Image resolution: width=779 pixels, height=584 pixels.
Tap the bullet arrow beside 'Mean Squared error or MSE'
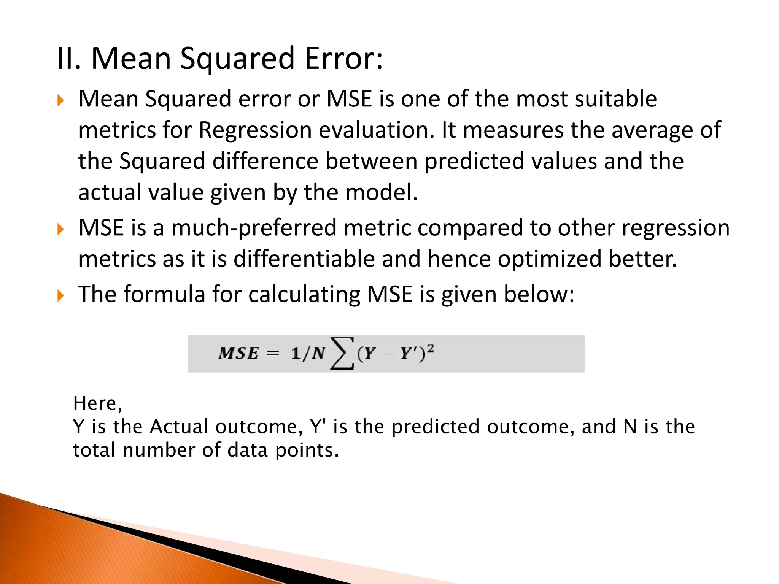(60, 101)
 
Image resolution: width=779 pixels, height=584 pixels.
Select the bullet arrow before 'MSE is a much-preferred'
(60, 229)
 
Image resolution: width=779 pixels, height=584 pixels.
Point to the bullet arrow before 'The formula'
(60, 295)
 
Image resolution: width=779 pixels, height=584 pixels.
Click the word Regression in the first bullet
(255, 130)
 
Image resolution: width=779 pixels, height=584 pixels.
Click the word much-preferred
(254, 229)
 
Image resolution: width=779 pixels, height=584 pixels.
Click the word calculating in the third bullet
(304, 295)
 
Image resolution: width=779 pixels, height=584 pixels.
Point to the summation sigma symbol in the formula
(342, 354)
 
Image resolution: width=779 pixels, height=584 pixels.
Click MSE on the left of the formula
(238, 354)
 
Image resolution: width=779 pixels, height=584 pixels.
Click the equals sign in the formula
(272, 354)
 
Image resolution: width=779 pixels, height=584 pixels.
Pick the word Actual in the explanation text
(179, 427)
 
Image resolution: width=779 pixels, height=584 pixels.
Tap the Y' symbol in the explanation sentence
(318, 427)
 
